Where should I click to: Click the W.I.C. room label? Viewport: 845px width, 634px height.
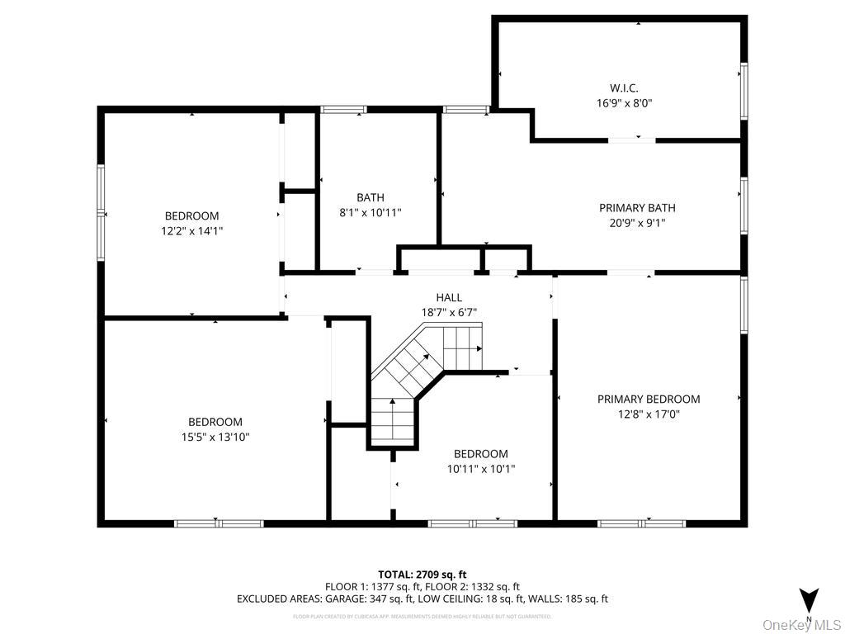tap(624, 88)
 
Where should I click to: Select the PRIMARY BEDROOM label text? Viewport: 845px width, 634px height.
tap(648, 399)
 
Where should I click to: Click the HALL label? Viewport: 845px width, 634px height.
tap(449, 297)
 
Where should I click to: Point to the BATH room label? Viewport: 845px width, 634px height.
tap(371, 197)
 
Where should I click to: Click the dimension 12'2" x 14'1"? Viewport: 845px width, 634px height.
tap(192, 231)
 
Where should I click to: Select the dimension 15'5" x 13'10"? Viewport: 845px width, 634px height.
tap(215, 437)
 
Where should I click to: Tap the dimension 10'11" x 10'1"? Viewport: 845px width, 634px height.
tap(480, 469)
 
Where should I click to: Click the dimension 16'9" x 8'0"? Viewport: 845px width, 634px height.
tap(625, 103)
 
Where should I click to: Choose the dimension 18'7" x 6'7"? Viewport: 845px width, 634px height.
tap(449, 312)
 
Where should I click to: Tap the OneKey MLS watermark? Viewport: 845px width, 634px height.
tap(801, 624)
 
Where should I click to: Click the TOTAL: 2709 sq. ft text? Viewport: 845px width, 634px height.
tap(422, 574)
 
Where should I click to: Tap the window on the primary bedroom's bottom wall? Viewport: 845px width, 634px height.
tap(641, 523)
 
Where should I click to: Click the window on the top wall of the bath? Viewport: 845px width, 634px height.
tap(344, 109)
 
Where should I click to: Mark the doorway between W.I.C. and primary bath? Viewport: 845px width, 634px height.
tap(632, 140)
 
